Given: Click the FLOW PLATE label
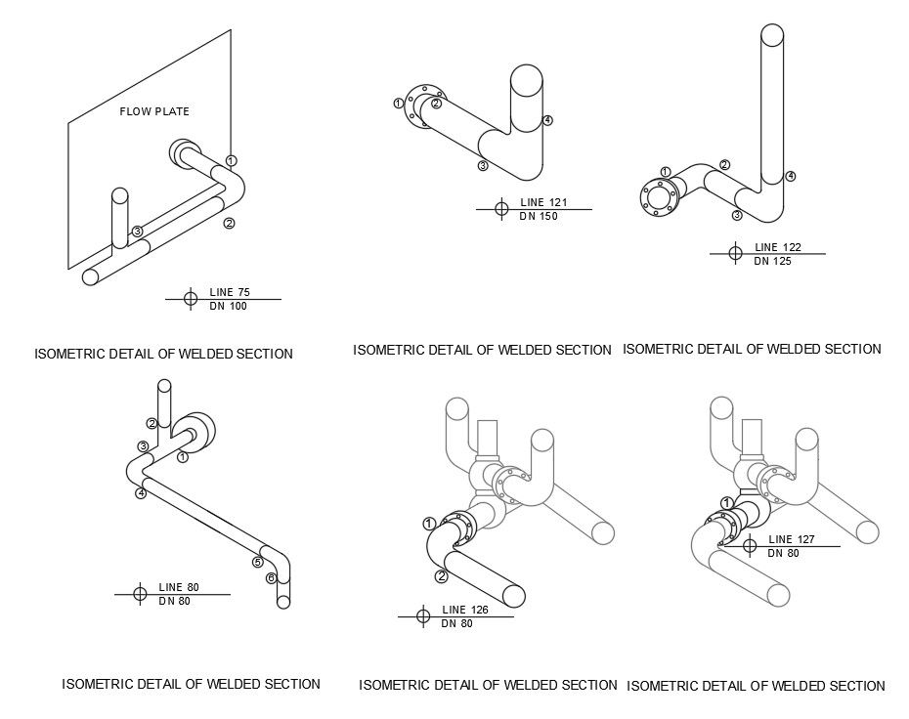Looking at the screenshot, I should click(x=154, y=111).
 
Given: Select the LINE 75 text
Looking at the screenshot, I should click(x=230, y=292).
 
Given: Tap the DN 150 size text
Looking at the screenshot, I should click(x=539, y=217).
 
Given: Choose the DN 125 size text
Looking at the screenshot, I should click(x=772, y=261).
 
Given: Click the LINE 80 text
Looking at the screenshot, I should click(x=179, y=587).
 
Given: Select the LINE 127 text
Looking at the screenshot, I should click(x=792, y=539).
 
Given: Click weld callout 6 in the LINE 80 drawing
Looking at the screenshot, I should click(x=271, y=578).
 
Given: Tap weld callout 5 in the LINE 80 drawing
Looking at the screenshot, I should click(x=258, y=562).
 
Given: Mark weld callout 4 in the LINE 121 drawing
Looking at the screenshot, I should click(x=547, y=120).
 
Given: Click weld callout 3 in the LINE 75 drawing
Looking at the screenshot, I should click(x=138, y=232).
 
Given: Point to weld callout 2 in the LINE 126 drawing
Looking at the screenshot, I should click(x=441, y=576).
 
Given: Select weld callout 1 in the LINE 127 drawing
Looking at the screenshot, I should click(x=726, y=503).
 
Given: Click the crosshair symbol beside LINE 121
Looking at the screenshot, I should click(x=501, y=208).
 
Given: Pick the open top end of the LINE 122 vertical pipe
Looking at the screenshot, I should click(x=772, y=34).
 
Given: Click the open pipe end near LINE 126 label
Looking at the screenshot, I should click(x=511, y=597).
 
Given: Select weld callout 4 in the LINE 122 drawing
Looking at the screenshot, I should click(x=791, y=176).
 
